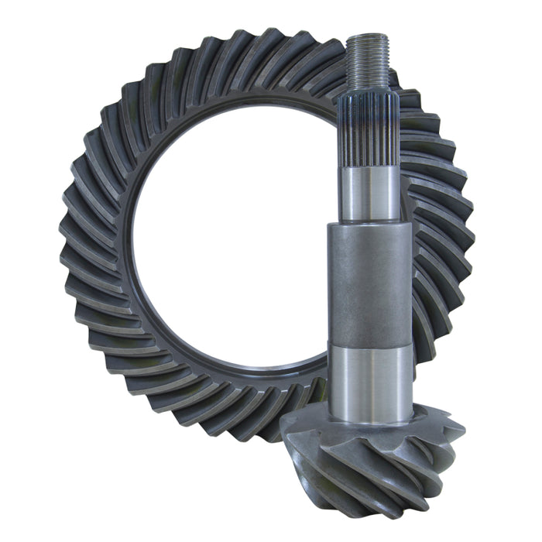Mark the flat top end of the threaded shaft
[367, 36]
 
